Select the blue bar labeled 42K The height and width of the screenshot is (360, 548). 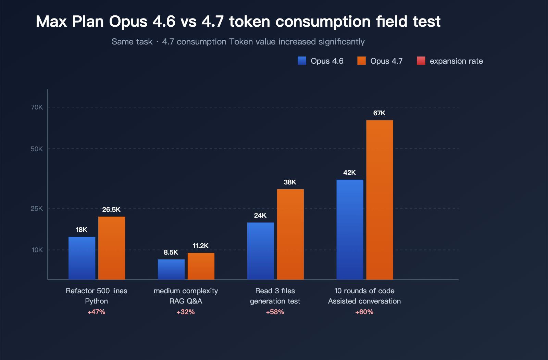point(350,229)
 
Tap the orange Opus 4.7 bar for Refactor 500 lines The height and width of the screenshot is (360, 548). point(112,248)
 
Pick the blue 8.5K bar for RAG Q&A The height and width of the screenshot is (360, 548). point(171,269)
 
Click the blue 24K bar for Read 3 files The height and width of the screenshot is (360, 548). point(260,251)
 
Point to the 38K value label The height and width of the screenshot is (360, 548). point(290,182)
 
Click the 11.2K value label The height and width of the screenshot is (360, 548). point(200,246)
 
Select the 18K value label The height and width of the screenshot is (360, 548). point(82,230)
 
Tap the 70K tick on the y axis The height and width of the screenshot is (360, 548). point(37,107)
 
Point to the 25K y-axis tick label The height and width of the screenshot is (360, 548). point(37,208)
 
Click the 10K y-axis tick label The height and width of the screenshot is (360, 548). point(37,250)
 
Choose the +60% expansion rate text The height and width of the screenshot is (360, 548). point(364,312)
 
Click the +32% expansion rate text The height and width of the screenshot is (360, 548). point(186,312)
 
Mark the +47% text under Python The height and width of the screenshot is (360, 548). point(96,312)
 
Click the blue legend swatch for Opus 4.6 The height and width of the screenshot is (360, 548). point(302,61)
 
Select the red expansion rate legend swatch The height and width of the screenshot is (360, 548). point(421,61)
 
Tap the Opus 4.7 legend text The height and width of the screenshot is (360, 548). point(386,61)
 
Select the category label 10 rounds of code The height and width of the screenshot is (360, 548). point(364,291)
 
